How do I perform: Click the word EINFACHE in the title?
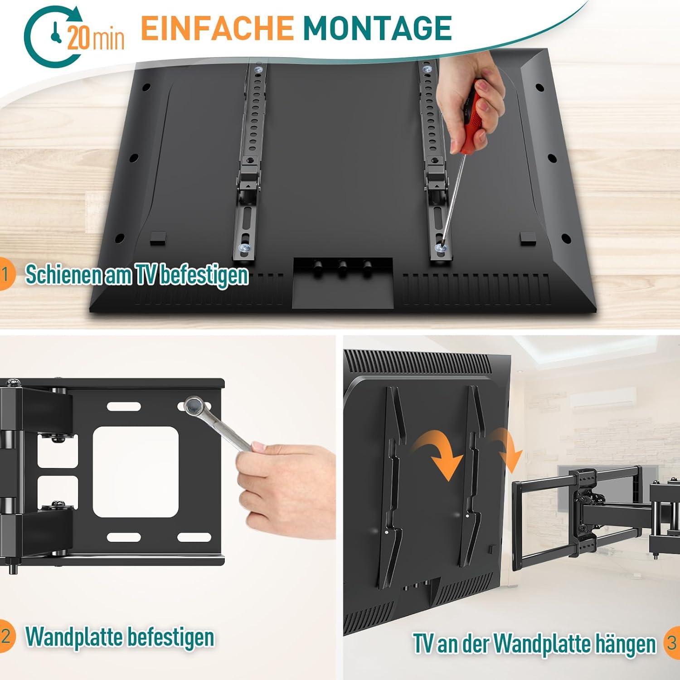217,29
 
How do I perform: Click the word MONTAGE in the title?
377,29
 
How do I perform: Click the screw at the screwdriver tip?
439,248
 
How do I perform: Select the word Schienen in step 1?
64,274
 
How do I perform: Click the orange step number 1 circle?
5,274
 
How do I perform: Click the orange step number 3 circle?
672,643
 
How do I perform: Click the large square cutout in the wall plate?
136,472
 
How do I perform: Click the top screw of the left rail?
259,70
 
